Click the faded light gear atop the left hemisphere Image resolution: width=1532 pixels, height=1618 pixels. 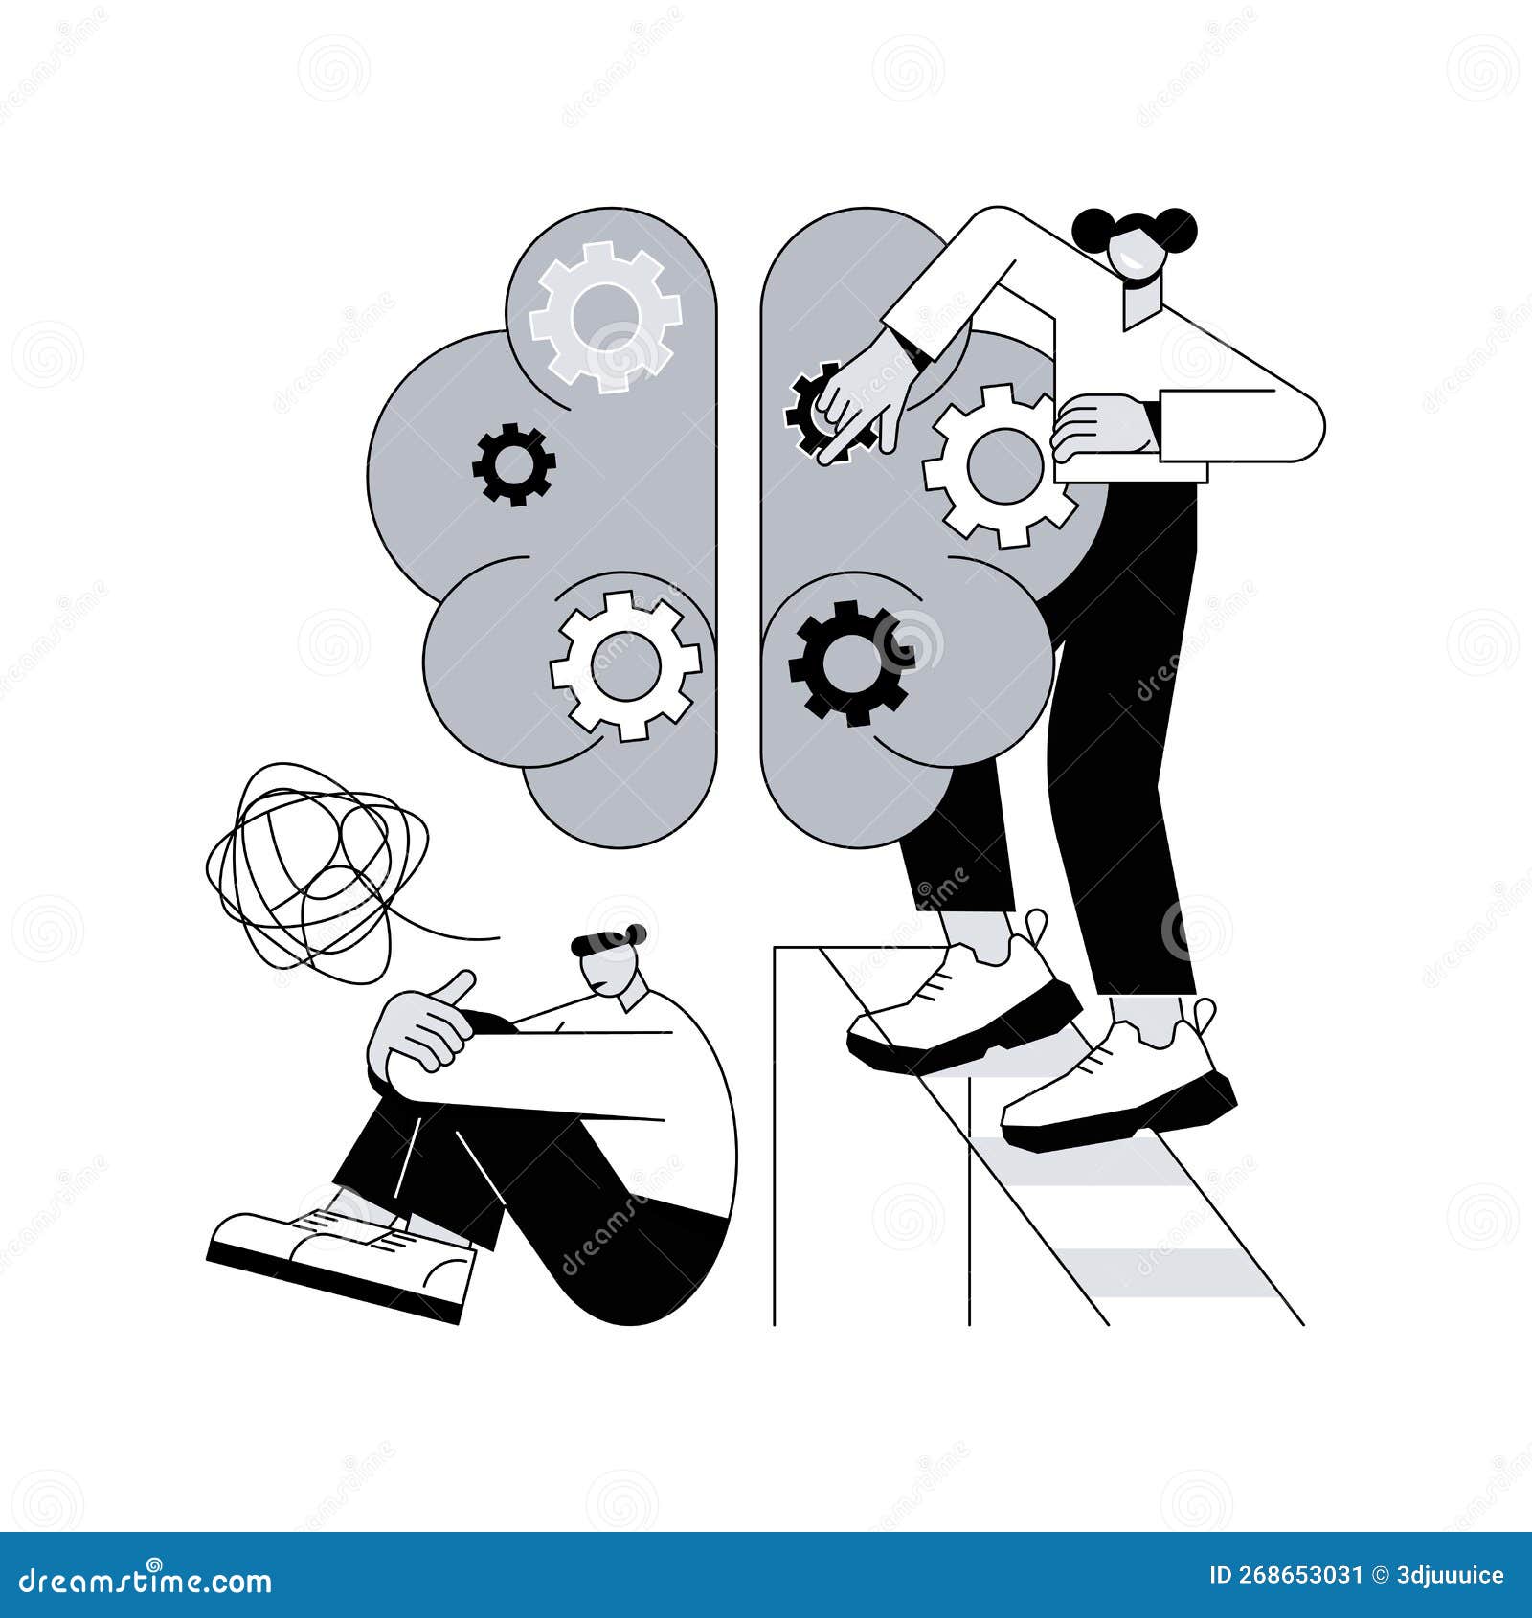pos(604,316)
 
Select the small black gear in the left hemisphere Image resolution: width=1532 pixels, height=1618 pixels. pos(513,464)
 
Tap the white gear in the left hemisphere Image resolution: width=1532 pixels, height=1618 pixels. pos(625,664)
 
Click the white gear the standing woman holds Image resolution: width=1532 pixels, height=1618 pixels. pos(1000,465)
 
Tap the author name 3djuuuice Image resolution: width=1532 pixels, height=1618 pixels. pos(1450,1576)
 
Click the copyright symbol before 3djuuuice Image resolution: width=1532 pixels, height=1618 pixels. pos(1380,1576)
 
